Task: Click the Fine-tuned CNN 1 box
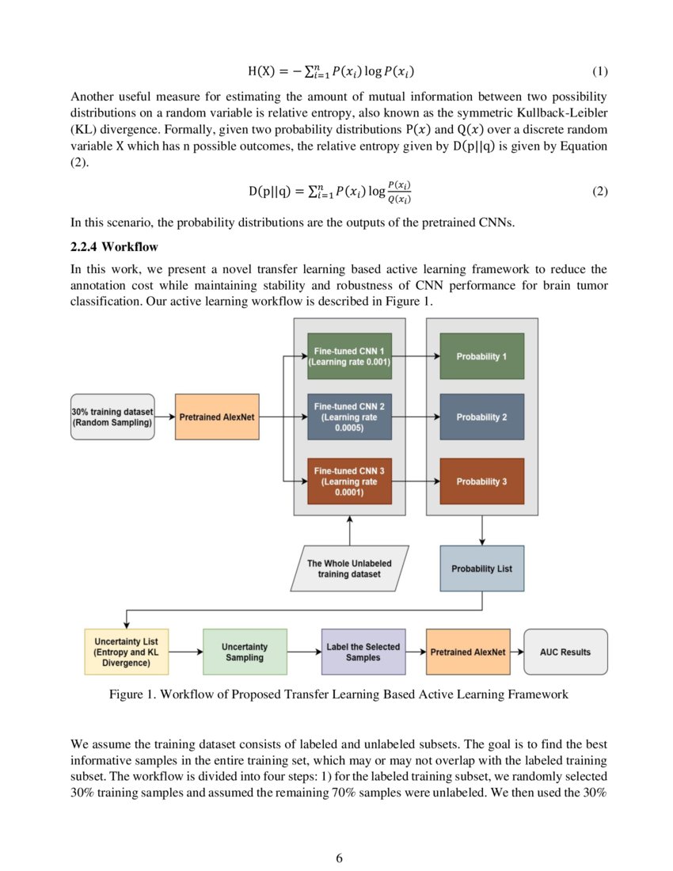(349, 356)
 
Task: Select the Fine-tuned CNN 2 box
(349, 417)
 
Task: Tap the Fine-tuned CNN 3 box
(349, 481)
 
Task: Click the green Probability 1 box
(481, 356)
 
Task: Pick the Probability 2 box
(481, 417)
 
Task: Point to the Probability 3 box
(481, 481)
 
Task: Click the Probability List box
(481, 569)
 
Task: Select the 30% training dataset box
(112, 416)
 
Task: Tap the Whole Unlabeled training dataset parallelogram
(349, 569)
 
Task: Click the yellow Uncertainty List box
(127, 652)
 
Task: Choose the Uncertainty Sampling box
(245, 652)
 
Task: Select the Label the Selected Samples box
(363, 652)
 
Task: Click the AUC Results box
(565, 652)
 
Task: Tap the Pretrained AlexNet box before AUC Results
(468, 652)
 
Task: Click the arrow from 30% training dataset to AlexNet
(165, 416)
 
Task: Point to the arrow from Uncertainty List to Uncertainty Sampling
(186, 652)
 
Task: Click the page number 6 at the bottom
(339, 858)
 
